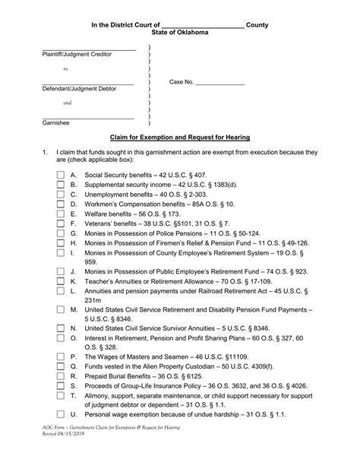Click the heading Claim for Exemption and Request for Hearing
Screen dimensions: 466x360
(180, 137)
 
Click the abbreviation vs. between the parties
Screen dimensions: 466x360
(66, 68)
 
